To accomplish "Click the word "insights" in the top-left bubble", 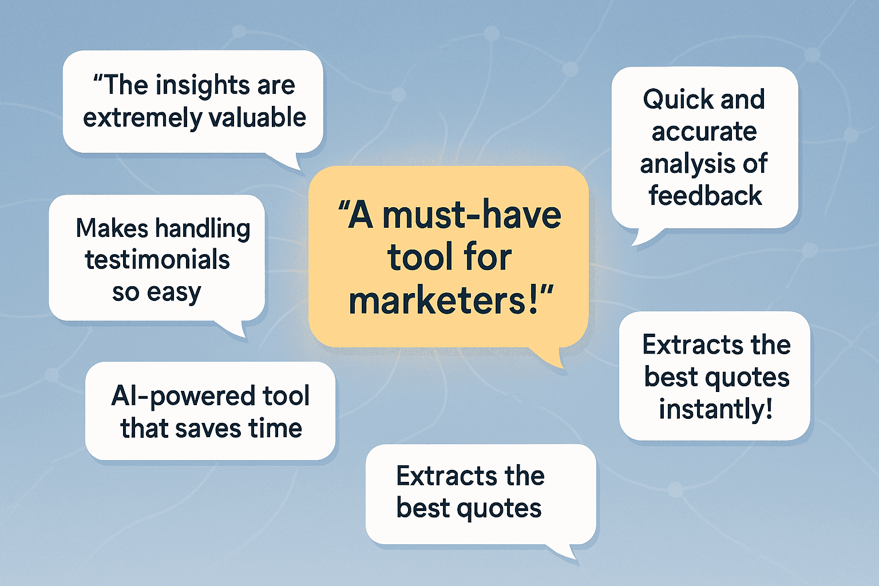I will click(203, 86).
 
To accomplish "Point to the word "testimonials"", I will click(157, 260).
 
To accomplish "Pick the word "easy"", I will click(174, 292).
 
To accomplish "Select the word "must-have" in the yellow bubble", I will click(472, 215).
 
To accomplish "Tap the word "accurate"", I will click(704, 132).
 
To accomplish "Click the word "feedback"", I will click(705, 196).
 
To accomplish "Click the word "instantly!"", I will click(715, 409).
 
